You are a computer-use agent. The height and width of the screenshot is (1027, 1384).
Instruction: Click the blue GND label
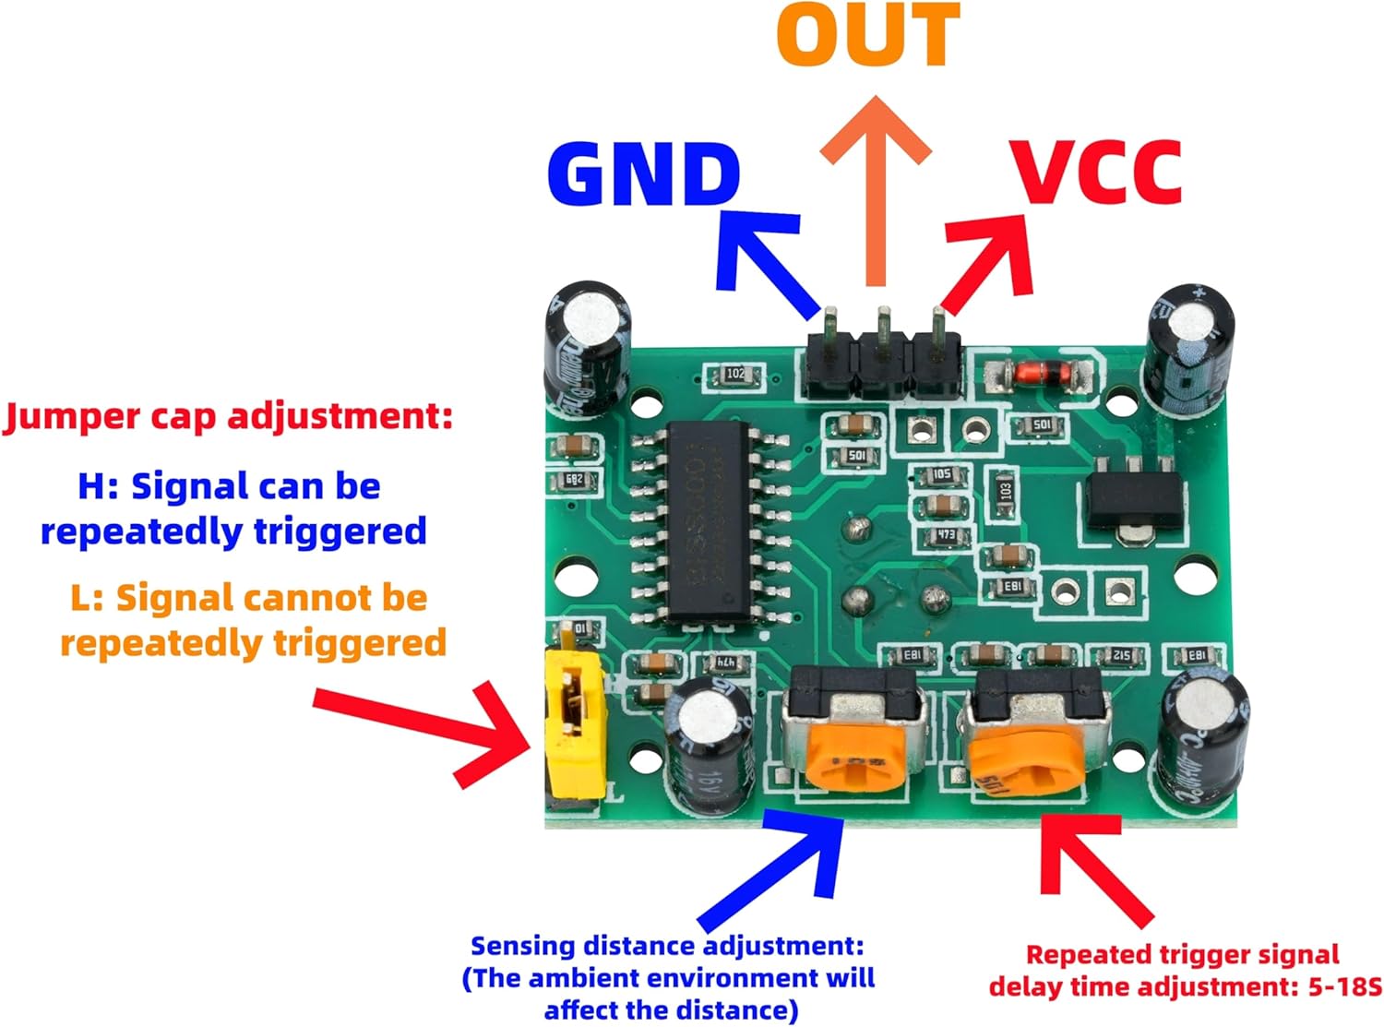point(643,174)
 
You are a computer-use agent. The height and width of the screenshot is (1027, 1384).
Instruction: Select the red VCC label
point(1097,173)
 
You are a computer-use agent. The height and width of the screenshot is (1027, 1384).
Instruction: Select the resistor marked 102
point(734,375)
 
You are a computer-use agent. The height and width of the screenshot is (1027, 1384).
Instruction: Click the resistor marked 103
point(1004,490)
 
